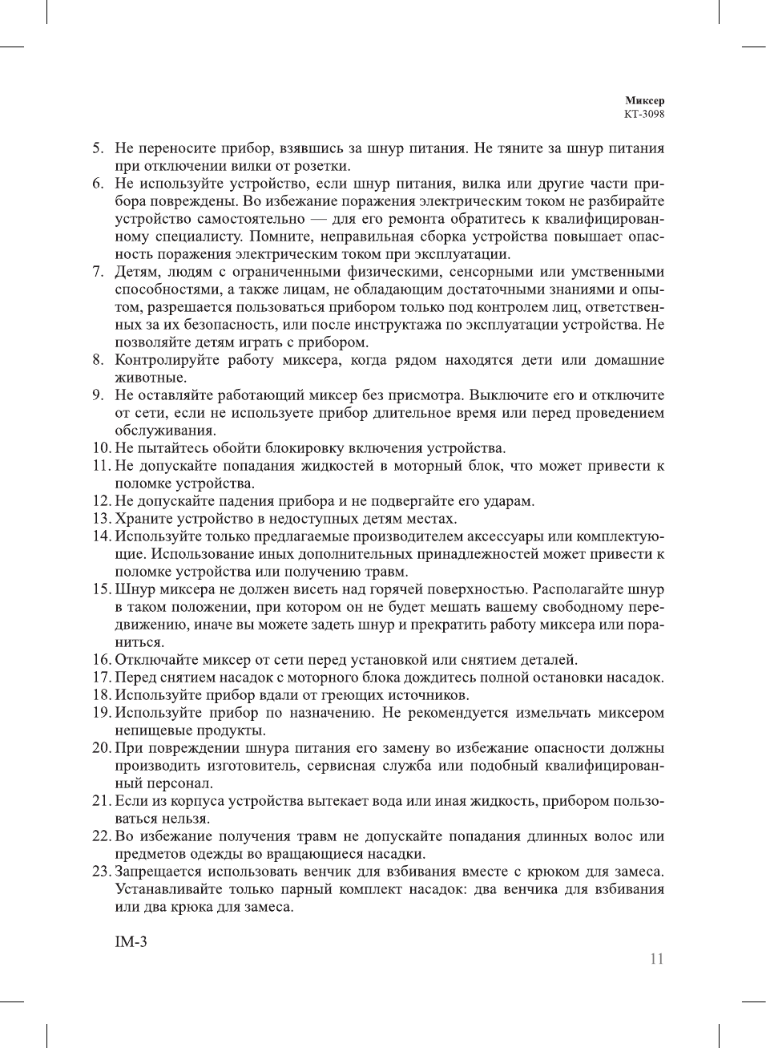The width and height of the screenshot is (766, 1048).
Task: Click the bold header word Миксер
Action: (644, 101)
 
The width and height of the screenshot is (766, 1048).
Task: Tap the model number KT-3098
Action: (644, 114)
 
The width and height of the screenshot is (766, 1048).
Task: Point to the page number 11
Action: (657, 959)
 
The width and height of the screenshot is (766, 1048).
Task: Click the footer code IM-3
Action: (131, 941)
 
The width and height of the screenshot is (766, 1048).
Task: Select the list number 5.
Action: (97, 148)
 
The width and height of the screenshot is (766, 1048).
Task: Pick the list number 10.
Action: (101, 448)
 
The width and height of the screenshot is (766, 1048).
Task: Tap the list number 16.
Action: (101, 660)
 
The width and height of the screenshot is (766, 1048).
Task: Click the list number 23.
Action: (101, 872)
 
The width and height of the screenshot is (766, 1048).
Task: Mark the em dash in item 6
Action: (319, 219)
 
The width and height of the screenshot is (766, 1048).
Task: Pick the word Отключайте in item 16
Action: (155, 660)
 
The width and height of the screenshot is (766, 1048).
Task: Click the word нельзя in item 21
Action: (187, 819)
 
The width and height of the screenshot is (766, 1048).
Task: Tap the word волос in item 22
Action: (613, 836)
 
